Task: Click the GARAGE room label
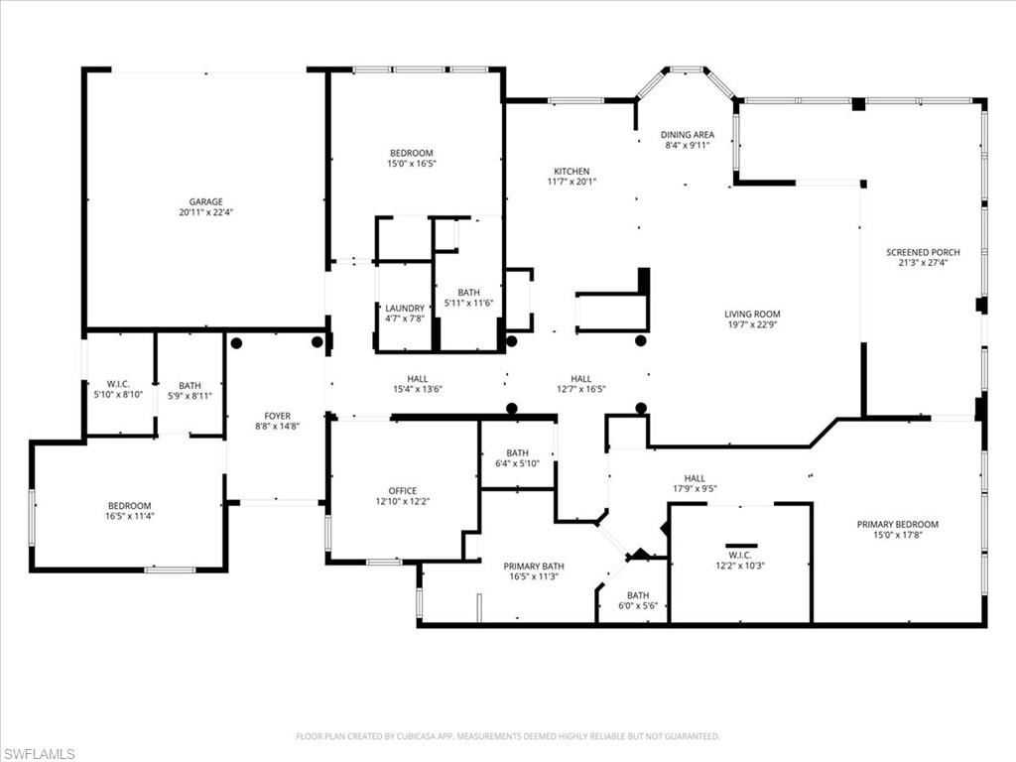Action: [x=206, y=201]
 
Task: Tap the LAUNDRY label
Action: [x=405, y=309]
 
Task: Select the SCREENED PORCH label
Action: [x=923, y=253]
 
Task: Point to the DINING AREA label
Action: [x=688, y=135]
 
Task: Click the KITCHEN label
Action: [x=571, y=172]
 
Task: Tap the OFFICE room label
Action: [x=402, y=490]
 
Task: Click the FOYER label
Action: [x=277, y=416]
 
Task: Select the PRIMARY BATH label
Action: [x=535, y=566]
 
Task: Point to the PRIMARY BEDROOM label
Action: [x=898, y=525]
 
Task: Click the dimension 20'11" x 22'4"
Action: [x=206, y=212]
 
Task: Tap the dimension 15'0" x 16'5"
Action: [x=411, y=164]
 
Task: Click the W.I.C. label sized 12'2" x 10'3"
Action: [x=741, y=555]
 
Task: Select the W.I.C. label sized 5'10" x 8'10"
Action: [x=119, y=384]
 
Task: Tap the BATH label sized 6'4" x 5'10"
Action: [x=517, y=453]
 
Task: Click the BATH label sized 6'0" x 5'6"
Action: [x=637, y=595]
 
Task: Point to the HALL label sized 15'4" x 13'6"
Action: [x=417, y=379]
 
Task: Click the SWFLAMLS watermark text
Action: [x=38, y=754]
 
